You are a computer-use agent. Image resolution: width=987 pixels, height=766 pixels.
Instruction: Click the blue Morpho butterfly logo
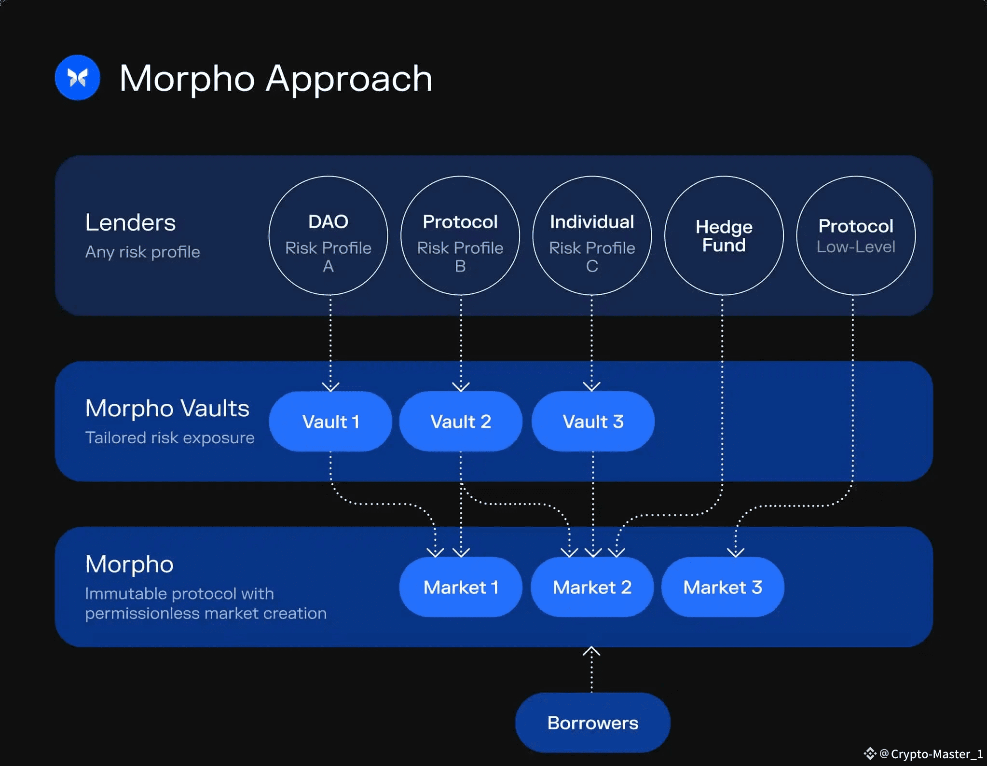pyautogui.click(x=77, y=78)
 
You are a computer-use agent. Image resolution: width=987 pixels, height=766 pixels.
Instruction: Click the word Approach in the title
pyautogui.click(x=349, y=79)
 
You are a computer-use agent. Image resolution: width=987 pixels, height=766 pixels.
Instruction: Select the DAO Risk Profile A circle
pyautogui.click(x=328, y=235)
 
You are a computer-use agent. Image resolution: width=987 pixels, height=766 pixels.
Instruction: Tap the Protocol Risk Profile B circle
pyautogui.click(x=460, y=235)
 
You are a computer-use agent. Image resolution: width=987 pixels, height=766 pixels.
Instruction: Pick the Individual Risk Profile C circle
pyautogui.click(x=592, y=235)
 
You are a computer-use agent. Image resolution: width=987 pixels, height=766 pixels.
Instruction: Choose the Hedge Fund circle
pyautogui.click(x=724, y=235)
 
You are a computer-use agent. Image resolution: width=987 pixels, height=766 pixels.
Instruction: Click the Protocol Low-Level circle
pyautogui.click(x=856, y=235)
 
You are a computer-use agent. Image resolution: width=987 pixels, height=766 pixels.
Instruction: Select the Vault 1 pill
pyautogui.click(x=330, y=422)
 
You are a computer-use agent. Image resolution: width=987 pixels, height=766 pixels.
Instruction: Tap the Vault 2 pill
pyautogui.click(x=461, y=422)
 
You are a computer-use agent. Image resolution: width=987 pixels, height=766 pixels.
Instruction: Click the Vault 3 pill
pyautogui.click(x=593, y=422)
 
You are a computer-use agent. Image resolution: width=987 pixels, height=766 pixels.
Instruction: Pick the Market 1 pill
pyautogui.click(x=461, y=587)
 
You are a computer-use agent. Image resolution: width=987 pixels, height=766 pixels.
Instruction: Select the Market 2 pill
pyautogui.click(x=592, y=587)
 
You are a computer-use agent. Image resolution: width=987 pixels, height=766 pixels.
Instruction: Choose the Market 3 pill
pyautogui.click(x=723, y=587)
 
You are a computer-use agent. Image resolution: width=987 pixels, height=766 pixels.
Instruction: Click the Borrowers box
pyautogui.click(x=592, y=723)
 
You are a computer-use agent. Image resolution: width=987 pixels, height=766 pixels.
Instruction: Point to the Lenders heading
pyautogui.click(x=130, y=223)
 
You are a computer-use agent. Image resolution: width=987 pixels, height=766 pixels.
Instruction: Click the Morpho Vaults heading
pyautogui.click(x=167, y=409)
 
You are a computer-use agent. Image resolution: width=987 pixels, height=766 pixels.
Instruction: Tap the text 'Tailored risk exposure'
pyautogui.click(x=169, y=438)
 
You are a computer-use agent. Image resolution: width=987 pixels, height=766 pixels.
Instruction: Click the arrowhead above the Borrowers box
pyautogui.click(x=591, y=652)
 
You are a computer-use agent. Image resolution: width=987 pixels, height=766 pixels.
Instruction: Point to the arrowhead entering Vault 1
pyautogui.click(x=330, y=386)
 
